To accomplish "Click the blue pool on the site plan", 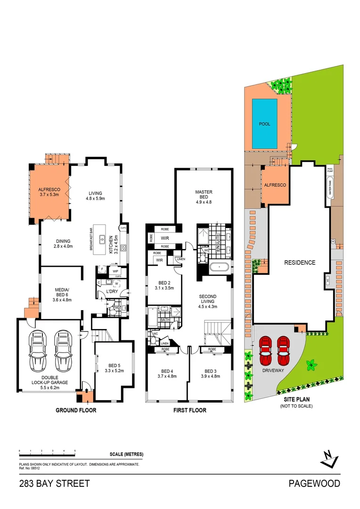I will (264, 123).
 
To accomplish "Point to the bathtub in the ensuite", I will (220, 268).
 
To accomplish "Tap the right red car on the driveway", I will (283, 351).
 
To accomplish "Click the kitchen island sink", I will (102, 239).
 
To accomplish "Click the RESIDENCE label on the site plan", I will (299, 263).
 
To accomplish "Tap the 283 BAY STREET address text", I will (54, 484).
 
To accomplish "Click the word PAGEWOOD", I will (314, 484).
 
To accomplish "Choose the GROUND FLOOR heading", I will (76, 410).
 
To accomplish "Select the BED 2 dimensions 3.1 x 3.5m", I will (164, 288).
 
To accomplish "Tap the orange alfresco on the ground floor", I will (49, 191).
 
